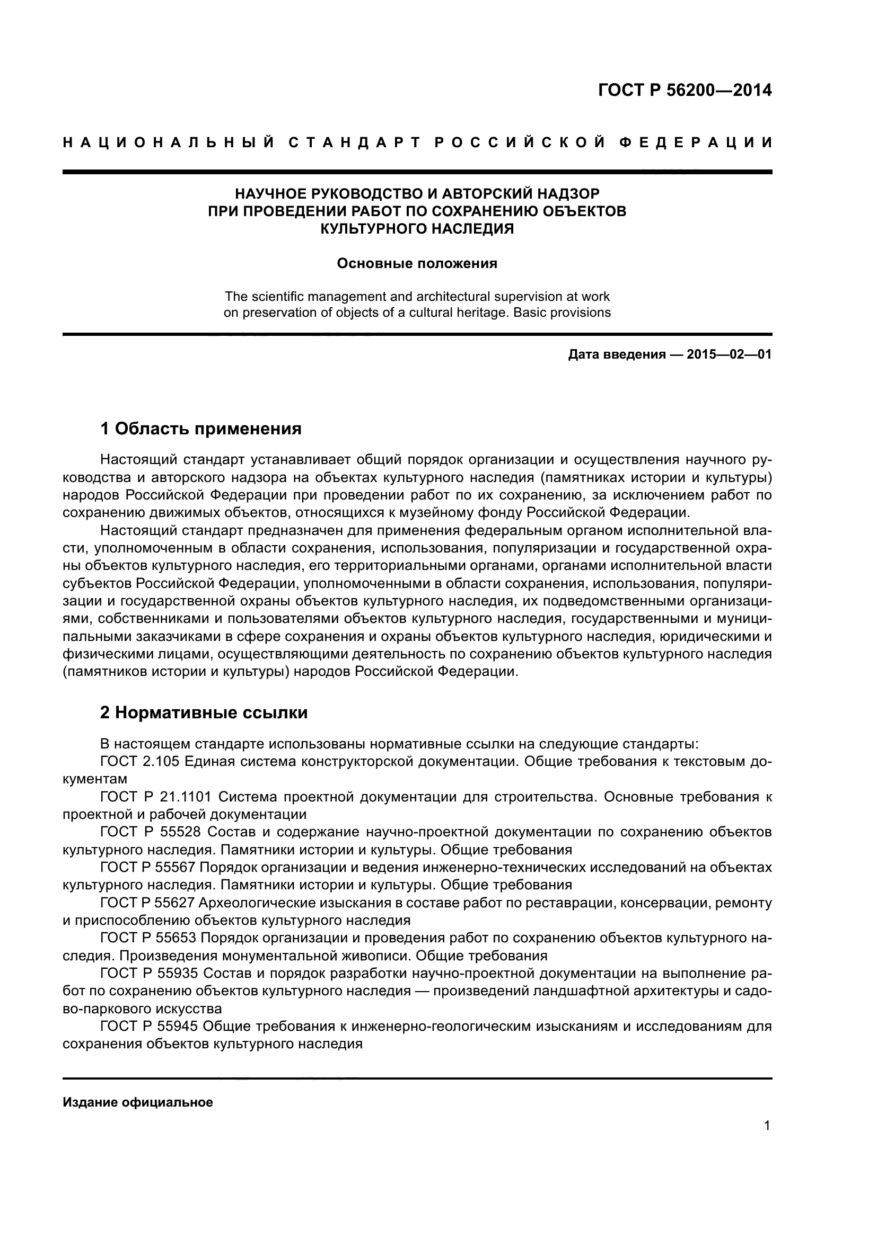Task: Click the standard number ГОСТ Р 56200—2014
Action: tap(685, 91)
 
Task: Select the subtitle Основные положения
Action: tap(417, 264)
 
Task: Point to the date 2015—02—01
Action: tap(729, 354)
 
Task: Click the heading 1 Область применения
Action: tap(201, 429)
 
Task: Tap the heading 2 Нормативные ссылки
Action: tap(204, 713)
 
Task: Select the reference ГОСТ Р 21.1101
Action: tap(157, 797)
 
